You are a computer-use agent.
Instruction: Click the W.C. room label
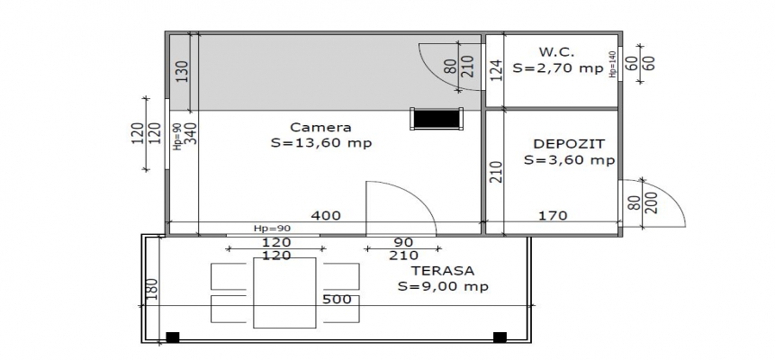556,52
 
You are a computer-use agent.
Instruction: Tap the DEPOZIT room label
569,144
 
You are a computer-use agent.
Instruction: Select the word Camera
320,127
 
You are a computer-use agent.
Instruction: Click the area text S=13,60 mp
321,143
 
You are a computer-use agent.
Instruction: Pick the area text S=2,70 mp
558,68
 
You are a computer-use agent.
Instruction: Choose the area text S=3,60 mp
570,160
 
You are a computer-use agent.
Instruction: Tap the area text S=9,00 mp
444,286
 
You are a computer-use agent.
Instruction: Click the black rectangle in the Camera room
437,119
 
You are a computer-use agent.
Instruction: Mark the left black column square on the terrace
173,337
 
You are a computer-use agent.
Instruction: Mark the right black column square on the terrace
500,337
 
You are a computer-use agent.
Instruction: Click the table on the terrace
284,292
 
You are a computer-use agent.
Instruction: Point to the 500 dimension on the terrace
337,299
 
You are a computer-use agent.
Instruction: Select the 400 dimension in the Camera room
326,216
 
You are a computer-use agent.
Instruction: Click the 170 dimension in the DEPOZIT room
553,216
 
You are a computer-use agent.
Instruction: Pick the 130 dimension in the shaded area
183,72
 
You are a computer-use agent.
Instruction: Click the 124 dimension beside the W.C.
496,70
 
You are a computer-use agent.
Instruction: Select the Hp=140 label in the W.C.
613,64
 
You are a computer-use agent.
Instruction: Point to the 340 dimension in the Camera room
192,133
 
